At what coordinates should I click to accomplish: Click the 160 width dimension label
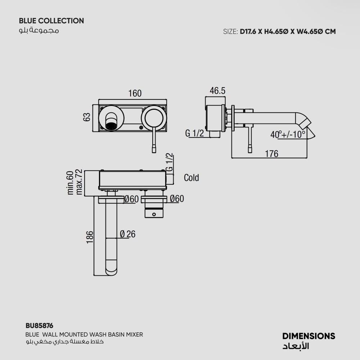coord(135,94)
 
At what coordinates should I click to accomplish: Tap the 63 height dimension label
coord(87,117)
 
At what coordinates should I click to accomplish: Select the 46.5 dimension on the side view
coord(217,91)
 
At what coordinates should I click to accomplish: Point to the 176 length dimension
coord(271,154)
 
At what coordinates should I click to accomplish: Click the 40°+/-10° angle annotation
coord(288,135)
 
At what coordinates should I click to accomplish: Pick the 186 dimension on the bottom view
coord(90,237)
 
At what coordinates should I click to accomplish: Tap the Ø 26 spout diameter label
coord(128,234)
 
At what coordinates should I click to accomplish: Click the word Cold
coord(191,178)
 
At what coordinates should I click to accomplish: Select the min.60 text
coord(70,183)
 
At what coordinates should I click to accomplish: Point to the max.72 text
coord(79,182)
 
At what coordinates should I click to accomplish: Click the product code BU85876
coord(39,325)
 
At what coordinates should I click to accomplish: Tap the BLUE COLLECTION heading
coord(51,21)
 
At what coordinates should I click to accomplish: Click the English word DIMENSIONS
coord(309,336)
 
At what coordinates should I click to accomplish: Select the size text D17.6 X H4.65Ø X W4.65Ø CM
coord(288,31)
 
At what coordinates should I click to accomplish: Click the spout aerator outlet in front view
coord(111,126)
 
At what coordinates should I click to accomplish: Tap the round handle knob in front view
coord(154,118)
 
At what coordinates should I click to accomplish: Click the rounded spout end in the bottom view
coord(111,267)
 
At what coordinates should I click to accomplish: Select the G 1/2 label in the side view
coord(194,133)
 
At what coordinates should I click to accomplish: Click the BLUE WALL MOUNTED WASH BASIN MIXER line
coord(84,334)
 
